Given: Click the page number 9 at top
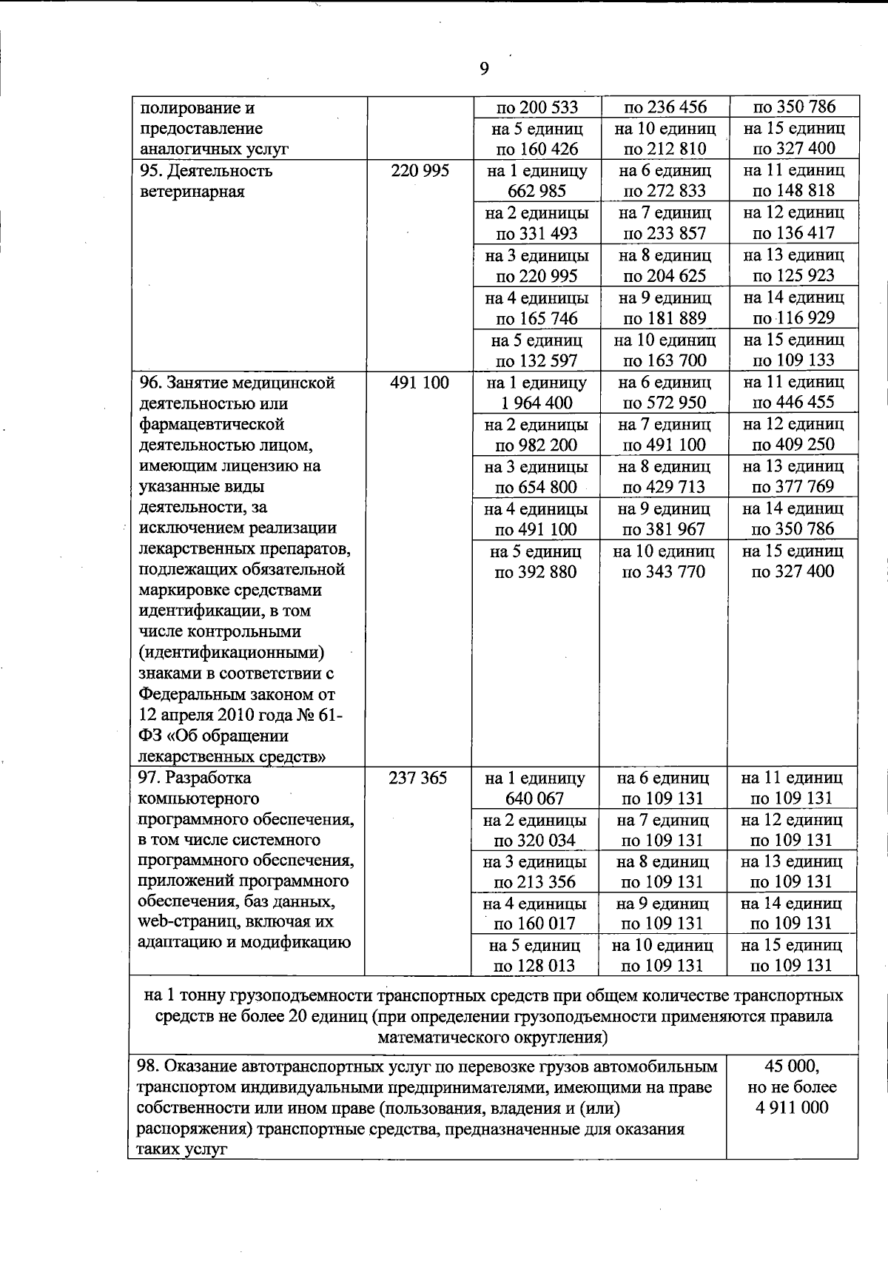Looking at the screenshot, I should point(484,69).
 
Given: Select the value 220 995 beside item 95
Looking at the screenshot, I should point(420,171).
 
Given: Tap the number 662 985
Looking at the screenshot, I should point(537,191).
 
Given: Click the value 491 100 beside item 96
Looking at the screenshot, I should point(420,383).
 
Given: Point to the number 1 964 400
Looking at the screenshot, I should point(536,403).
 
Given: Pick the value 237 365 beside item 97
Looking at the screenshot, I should point(418,779).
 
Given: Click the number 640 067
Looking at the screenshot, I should point(535,798).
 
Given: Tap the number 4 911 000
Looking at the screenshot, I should point(792,1108).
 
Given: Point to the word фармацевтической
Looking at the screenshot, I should point(212,425).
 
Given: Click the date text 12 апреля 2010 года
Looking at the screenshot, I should point(221,716).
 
